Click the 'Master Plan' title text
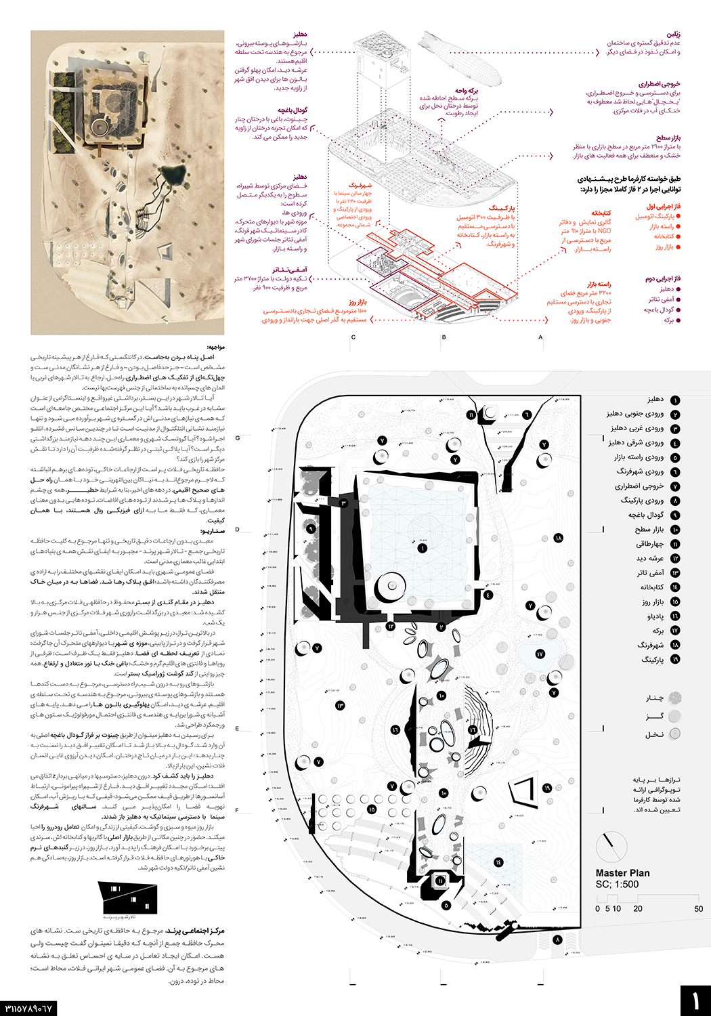[622, 873]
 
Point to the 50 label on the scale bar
[698, 909]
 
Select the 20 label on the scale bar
[638, 909]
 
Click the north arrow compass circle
[611, 846]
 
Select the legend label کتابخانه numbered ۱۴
[652, 587]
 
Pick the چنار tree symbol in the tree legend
[674, 697]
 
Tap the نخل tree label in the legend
[654, 734]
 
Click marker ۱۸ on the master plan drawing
[558, 538]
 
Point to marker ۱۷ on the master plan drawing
[540, 654]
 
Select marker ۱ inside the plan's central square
[423, 548]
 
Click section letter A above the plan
[540, 337]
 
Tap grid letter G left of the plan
[238, 438]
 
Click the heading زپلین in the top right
[673, 34]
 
